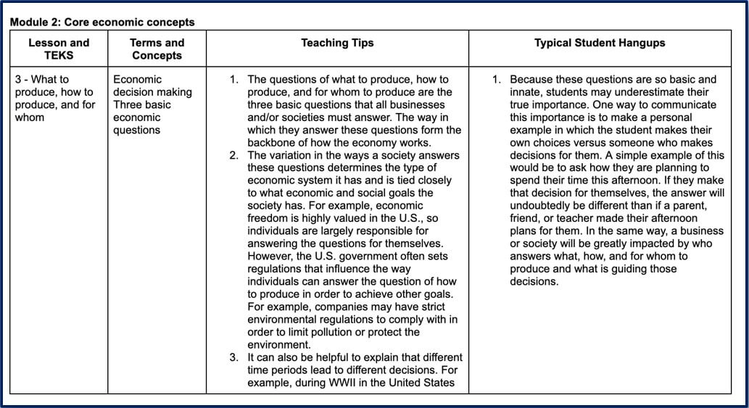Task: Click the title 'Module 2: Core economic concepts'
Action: pos(102,22)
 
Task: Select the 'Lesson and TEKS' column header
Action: pos(59,49)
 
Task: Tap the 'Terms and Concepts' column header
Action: pos(157,49)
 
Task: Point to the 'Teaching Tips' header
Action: pos(337,43)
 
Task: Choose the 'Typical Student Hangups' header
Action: pos(600,43)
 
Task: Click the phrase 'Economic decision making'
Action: pos(152,86)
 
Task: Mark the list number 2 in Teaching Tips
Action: pos(234,155)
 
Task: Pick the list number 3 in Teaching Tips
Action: pos(234,357)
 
